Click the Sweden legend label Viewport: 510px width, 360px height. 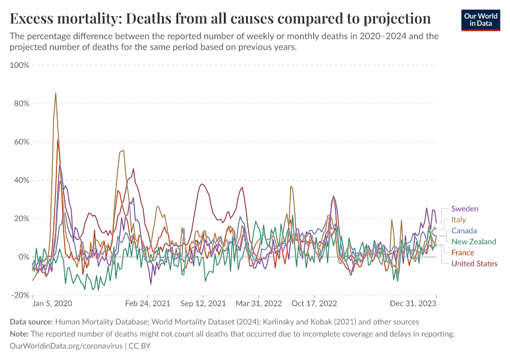pos(464,209)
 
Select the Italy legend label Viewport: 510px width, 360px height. pos(458,220)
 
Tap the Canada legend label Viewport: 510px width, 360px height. pos(464,231)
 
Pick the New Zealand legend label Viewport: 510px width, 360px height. pos(473,242)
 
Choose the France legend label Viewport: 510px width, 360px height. pos(463,253)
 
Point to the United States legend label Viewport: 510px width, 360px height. pos(474,263)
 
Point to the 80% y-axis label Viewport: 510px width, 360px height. pos(21,103)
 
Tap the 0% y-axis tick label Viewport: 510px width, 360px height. pos(23,257)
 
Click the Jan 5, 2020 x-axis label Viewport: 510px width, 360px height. pos(52,304)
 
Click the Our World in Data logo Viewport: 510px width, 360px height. pos(481,20)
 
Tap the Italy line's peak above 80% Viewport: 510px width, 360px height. pos(56,93)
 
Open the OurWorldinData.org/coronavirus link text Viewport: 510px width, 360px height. pos(66,346)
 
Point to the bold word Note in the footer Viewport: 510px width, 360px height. pos(19,334)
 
